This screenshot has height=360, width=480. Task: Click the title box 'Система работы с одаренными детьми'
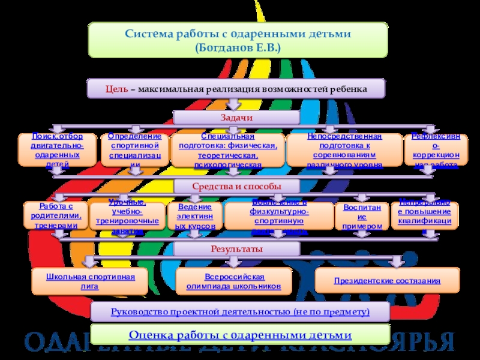[238, 40]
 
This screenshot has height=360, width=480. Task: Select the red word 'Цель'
[116, 89]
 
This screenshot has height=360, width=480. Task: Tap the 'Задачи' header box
[236, 118]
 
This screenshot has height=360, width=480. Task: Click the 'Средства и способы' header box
[236, 186]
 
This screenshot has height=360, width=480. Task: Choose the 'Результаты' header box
[236, 248]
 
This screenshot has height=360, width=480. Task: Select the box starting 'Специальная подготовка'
[227, 150]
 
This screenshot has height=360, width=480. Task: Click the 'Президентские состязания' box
[386, 280]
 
